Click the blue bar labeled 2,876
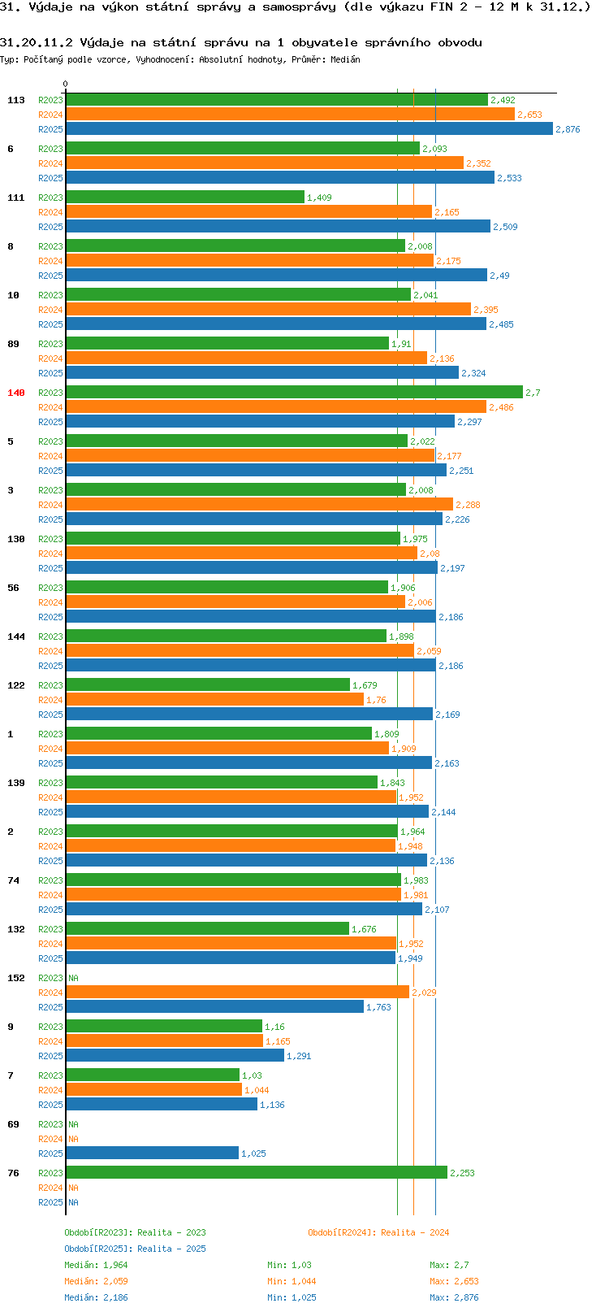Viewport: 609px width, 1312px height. [309, 129]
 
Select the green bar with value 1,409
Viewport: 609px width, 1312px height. [185, 198]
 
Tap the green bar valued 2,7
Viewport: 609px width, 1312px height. [294, 393]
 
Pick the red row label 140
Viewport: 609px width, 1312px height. [15, 393]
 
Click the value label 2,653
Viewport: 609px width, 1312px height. [529, 115]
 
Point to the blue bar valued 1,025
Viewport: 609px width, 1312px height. [152, 1153]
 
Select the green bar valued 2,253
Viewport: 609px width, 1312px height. [257, 1173]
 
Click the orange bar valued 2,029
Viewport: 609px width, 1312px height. [238, 993]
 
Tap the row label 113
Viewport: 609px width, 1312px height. [15, 100]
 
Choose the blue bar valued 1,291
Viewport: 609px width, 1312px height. [175, 1055]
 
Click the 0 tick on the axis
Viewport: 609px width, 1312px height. [65, 84]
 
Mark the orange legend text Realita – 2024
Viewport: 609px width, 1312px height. [415, 1232]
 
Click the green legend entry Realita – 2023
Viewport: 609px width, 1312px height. [171, 1232]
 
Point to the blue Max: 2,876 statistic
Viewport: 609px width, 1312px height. [454, 1297]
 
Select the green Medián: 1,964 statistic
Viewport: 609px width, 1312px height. [96, 1265]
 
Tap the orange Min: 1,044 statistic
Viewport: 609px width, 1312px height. [292, 1282]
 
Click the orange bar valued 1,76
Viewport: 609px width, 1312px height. [214, 700]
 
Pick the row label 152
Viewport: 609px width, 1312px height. [15, 978]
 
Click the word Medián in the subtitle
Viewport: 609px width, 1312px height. [345, 59]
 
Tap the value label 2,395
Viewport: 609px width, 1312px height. [486, 310]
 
